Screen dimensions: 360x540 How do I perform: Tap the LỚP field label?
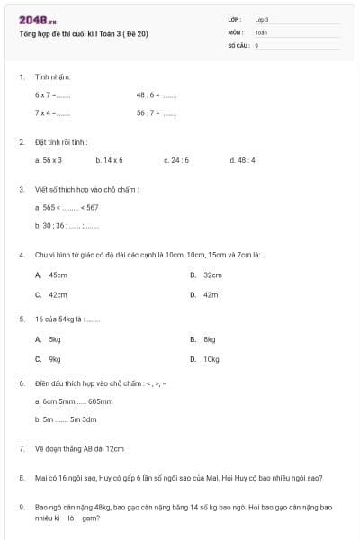pos(234,19)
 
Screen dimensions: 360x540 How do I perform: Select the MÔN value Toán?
pos(261,31)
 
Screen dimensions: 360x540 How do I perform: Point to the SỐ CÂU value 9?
pos(257,44)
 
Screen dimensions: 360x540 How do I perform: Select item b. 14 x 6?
pos(109,160)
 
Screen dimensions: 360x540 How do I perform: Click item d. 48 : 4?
pos(243,160)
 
